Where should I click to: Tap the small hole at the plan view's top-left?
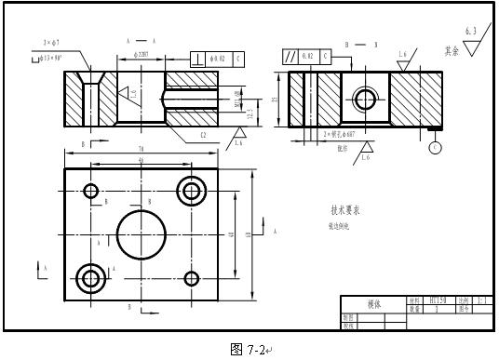[91, 192]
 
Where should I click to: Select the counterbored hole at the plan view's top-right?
[193, 191]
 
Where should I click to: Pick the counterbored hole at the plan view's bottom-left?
[91, 277]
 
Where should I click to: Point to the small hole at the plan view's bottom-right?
[193, 277]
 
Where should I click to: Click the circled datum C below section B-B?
[435, 147]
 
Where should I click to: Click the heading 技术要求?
[345, 210]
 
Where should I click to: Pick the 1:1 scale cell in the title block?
[482, 301]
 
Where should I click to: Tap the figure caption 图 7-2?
[249, 349]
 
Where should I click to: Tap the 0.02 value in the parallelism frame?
[308, 57]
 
